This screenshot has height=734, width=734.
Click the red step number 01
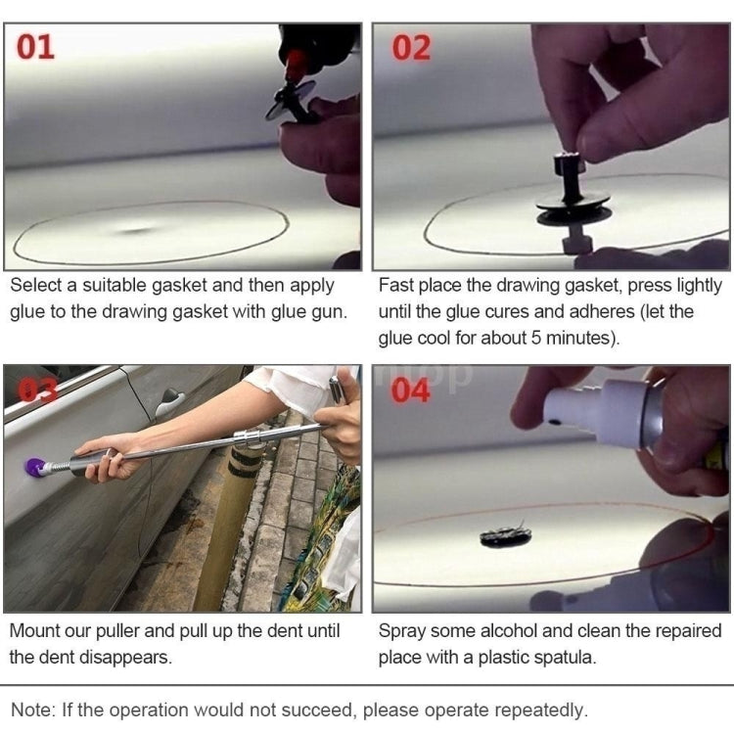pyautogui.click(x=35, y=46)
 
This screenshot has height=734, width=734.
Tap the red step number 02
pyautogui.click(x=411, y=48)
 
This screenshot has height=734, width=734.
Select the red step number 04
pyautogui.click(x=411, y=390)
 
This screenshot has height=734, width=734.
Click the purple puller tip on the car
pyautogui.click(x=36, y=467)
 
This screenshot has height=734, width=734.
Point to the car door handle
pyautogui.click(x=169, y=400)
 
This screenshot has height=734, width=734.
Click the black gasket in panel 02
pyautogui.click(x=573, y=206)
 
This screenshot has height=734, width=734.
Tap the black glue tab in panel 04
pyautogui.click(x=505, y=535)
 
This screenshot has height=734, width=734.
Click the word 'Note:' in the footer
pyautogui.click(x=33, y=710)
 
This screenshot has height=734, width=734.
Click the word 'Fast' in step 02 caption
pyautogui.click(x=396, y=286)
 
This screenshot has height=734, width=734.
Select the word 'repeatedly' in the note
pyautogui.click(x=537, y=710)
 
